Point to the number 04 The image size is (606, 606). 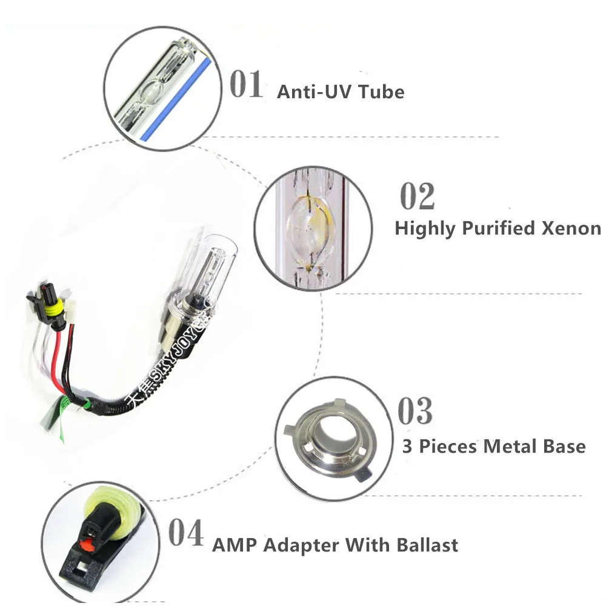185,533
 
